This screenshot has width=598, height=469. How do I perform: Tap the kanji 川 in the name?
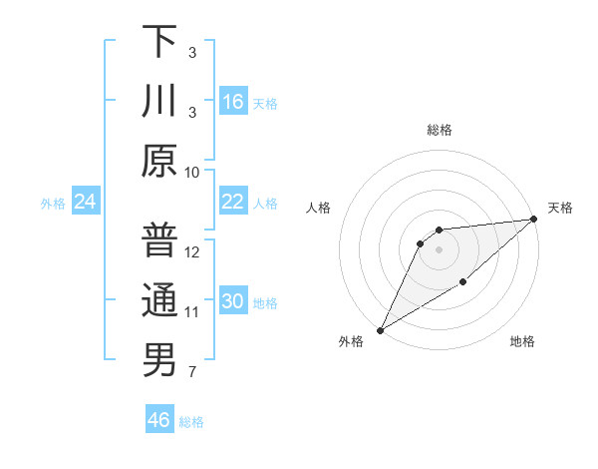pos(159,101)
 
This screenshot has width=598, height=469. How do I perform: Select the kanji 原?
pos(159,161)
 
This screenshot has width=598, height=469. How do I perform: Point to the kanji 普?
pos(159,240)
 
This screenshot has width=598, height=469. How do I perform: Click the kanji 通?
pos(159,300)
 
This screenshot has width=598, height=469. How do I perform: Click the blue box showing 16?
pos(232,101)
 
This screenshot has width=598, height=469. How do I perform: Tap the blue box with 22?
pos(232,202)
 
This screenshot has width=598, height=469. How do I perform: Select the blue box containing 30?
pos(232,301)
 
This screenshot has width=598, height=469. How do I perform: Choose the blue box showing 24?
pos(85,202)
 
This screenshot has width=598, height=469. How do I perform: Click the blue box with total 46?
pos(158,420)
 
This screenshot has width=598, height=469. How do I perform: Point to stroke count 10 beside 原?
pos(192,172)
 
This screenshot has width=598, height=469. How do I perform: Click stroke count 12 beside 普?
pos(192,251)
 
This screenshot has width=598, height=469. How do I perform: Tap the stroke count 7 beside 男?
pos(192,372)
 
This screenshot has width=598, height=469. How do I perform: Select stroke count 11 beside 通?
pos(192,312)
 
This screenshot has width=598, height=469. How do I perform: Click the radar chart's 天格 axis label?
pos(560,208)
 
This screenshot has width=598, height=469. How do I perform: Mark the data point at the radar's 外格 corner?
pos(380,329)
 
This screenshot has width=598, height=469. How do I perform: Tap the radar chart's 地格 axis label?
pos(522,341)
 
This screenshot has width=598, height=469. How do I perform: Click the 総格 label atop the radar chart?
pos(439,130)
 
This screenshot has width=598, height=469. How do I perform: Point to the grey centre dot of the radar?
pos(439,249)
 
